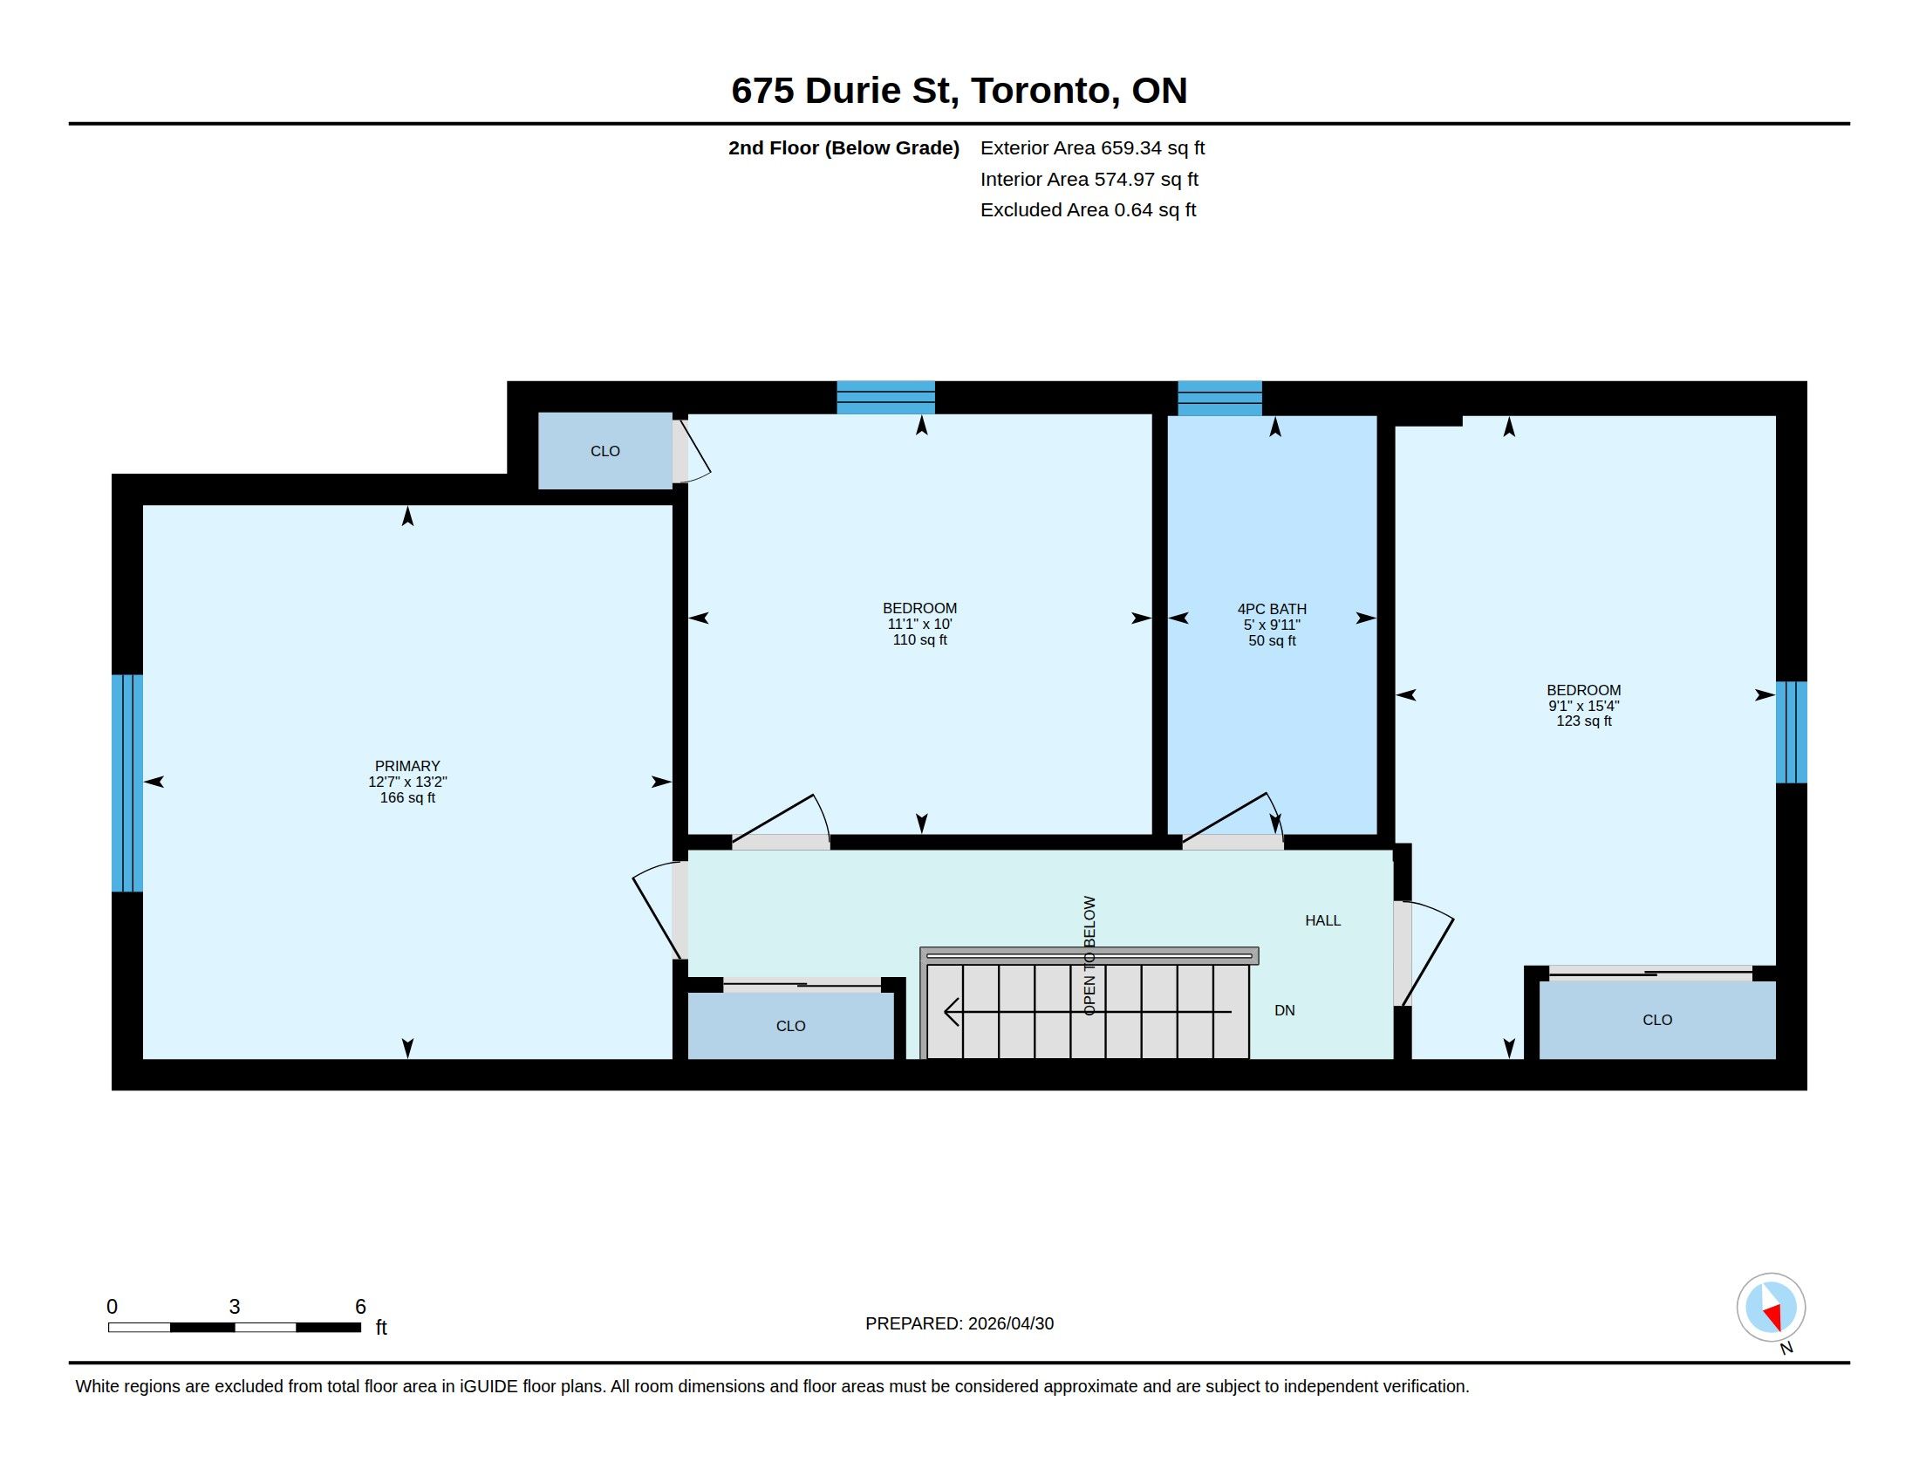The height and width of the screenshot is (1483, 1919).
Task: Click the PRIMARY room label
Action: (406, 766)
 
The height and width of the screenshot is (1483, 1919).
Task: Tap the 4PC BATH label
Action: (1272, 609)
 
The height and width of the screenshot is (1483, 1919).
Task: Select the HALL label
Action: (1322, 920)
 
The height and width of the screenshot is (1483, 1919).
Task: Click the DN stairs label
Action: (1285, 1010)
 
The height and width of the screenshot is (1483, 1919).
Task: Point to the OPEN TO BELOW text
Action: (1089, 956)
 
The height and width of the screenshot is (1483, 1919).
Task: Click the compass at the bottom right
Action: (1771, 1308)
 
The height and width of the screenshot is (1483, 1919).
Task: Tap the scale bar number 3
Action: (235, 1307)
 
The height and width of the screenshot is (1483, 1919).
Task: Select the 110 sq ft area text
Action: (920, 640)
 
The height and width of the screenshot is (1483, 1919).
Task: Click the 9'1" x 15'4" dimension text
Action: (1583, 706)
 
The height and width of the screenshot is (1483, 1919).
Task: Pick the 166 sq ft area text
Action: (406, 797)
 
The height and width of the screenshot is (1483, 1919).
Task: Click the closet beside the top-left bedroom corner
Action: (604, 451)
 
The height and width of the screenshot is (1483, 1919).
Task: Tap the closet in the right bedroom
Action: (1657, 1019)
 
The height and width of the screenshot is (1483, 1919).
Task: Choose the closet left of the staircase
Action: (791, 1025)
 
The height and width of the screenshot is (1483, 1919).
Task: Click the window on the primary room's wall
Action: (127, 783)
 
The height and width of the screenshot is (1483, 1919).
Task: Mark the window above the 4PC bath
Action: (1219, 398)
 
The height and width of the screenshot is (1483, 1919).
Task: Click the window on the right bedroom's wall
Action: (1792, 732)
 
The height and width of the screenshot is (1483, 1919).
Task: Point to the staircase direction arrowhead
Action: (952, 1012)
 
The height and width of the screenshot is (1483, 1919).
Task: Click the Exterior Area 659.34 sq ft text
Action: (1092, 147)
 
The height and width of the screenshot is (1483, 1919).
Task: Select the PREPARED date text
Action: (959, 1323)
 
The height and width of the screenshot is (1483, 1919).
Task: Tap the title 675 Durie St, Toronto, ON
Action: (959, 91)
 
